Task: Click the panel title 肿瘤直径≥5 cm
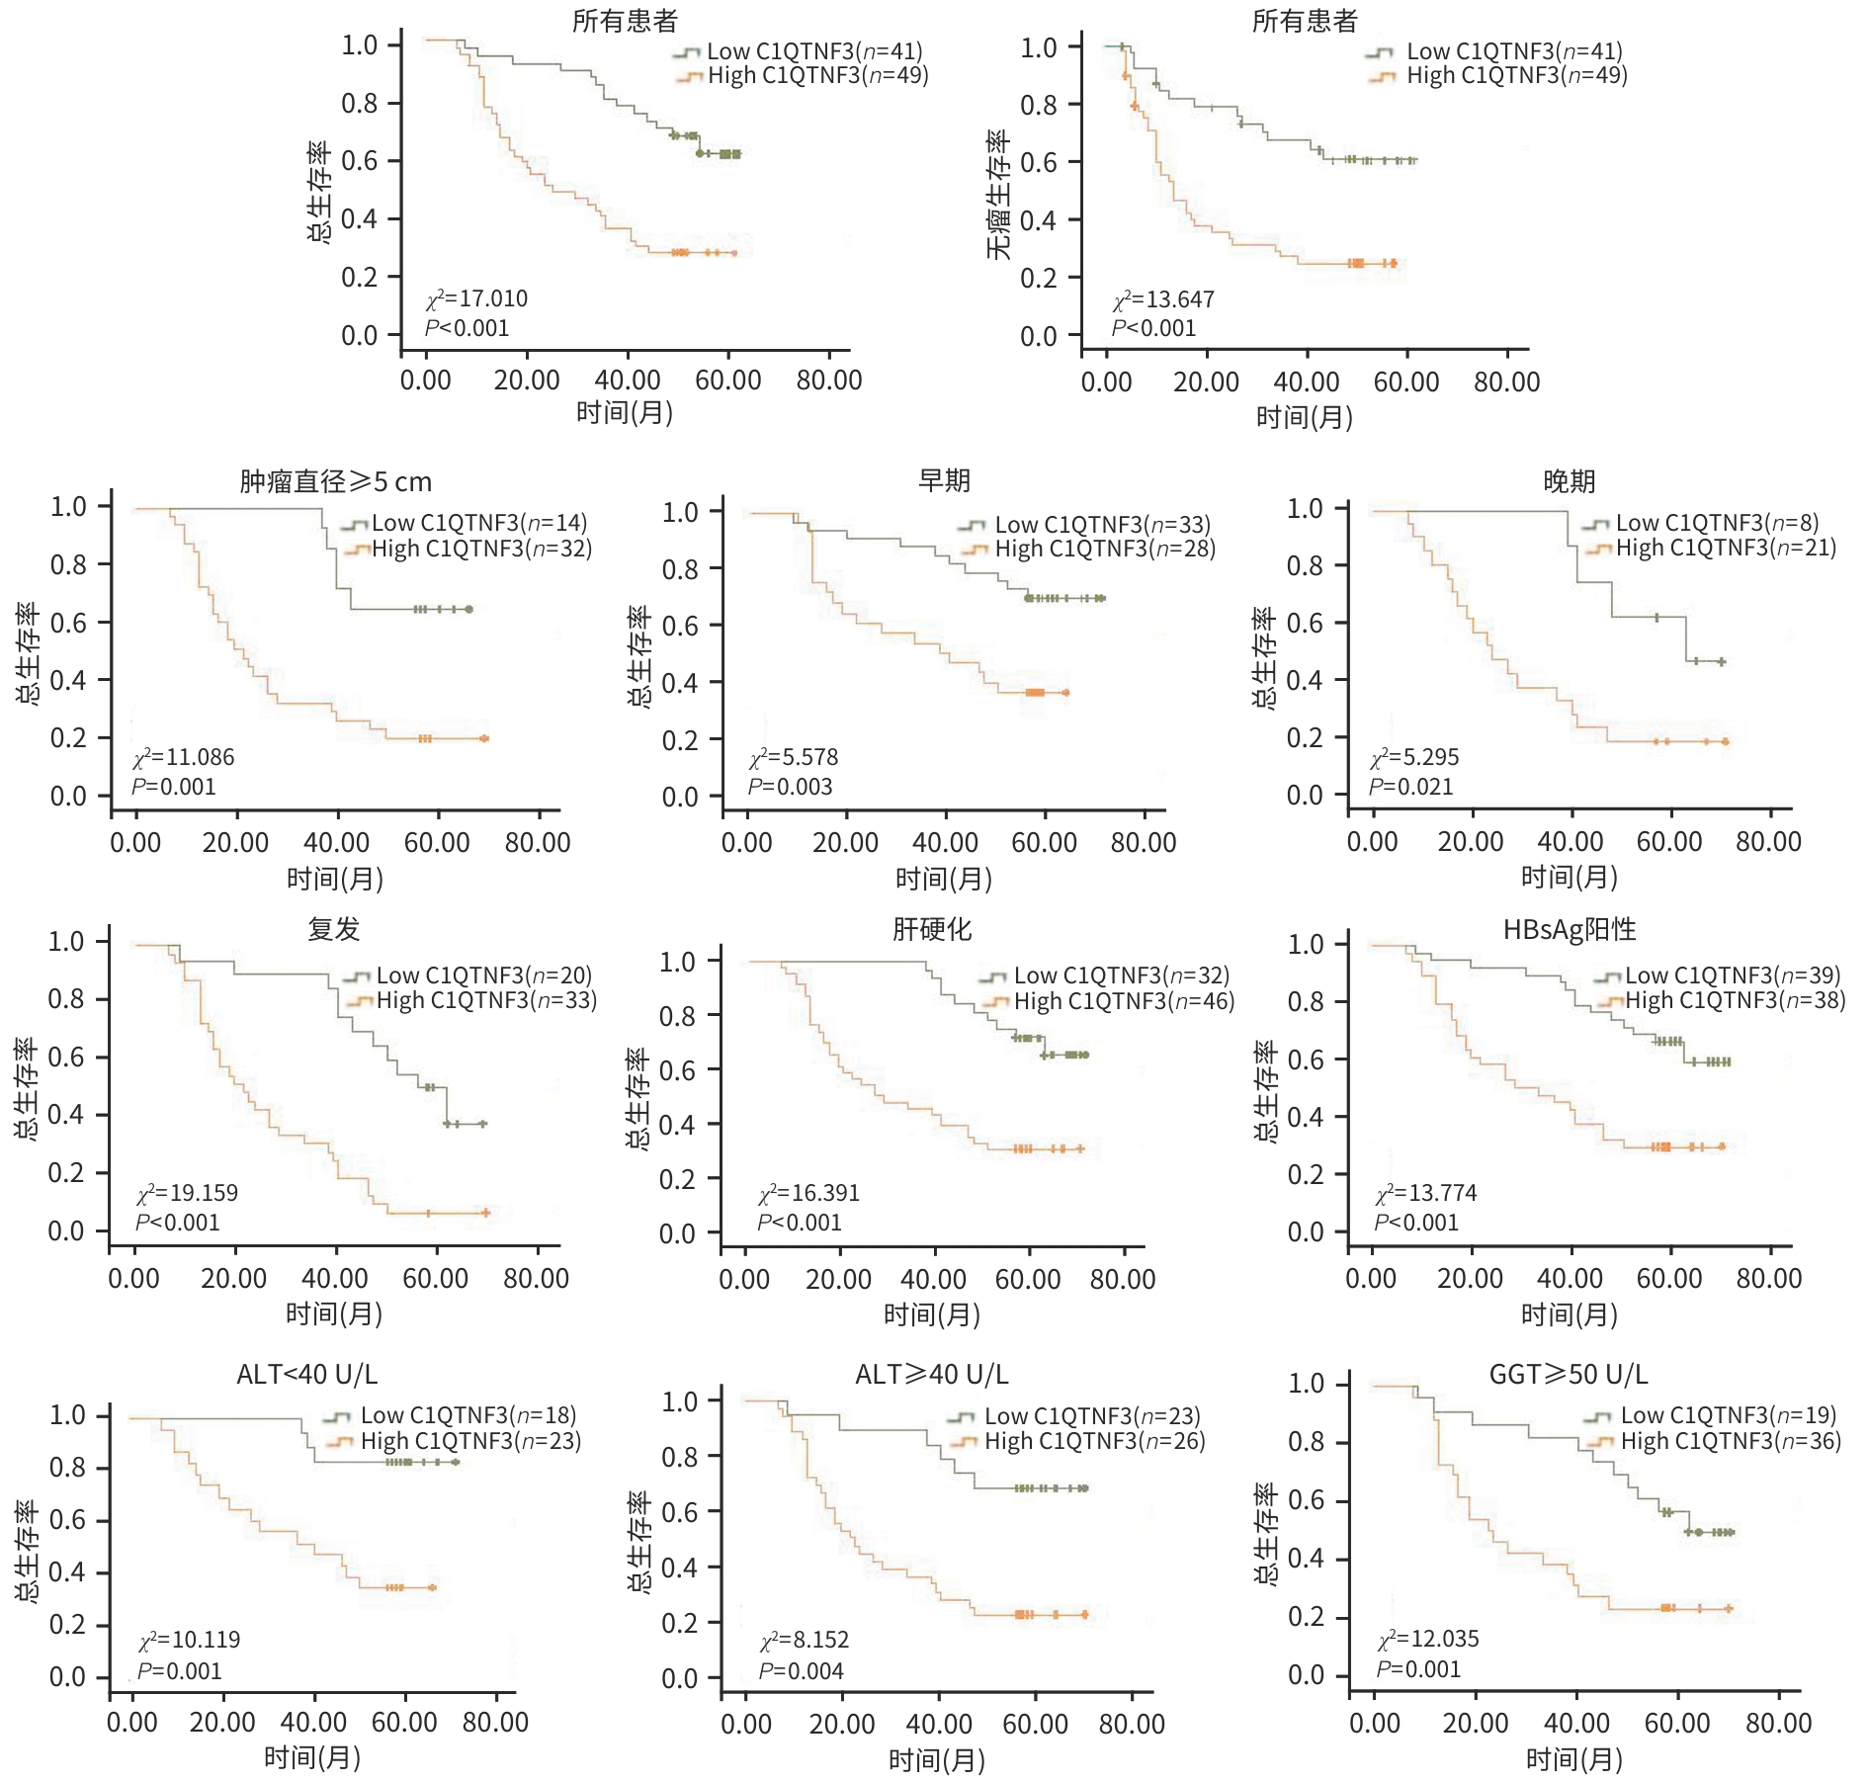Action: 335,481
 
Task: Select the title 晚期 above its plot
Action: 1569,481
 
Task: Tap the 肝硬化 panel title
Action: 932,929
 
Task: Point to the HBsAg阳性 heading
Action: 1569,929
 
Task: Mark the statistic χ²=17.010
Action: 477,298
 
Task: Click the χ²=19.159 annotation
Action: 188,1193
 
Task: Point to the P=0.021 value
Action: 1411,787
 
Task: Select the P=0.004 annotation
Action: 802,1671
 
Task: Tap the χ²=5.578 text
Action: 794,758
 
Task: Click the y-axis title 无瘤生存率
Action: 998,195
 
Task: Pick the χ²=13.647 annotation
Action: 1163,299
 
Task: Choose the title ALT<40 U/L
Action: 306,1374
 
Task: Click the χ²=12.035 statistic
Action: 1428,1639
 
